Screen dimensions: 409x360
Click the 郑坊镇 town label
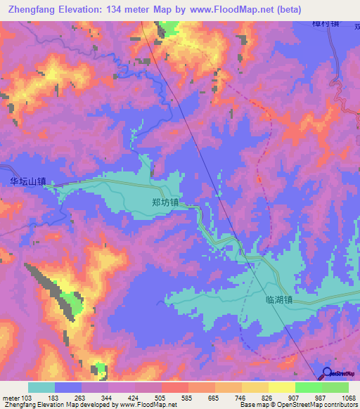(x=165, y=202)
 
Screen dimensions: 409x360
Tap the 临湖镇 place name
(x=279, y=299)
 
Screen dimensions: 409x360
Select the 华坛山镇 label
(x=28, y=181)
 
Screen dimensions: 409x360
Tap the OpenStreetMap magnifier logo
(x=328, y=372)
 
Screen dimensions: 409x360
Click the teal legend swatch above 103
(x=41, y=387)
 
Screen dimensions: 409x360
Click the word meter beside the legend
(x=11, y=398)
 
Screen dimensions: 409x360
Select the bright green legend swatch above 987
(x=309, y=387)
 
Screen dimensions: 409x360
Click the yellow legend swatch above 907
(x=282, y=387)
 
